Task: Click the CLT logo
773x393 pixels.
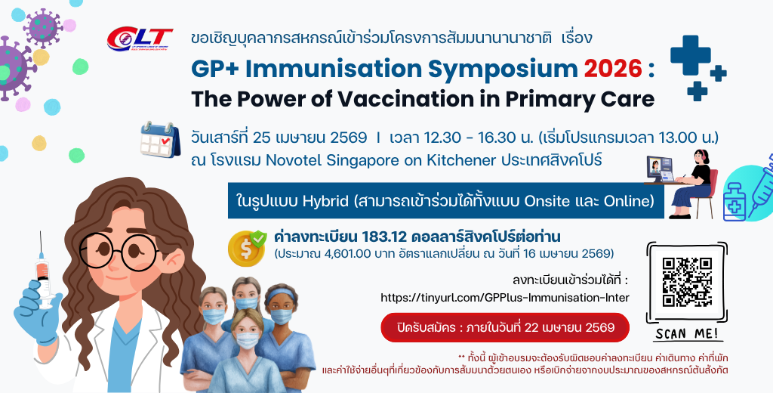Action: click(x=140, y=39)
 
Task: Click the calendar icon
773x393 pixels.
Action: click(x=160, y=140)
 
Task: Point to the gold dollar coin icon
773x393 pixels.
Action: click(x=247, y=249)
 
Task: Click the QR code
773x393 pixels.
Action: click(x=687, y=282)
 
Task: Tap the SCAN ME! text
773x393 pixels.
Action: click(x=687, y=334)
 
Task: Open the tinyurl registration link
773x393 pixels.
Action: click(x=505, y=298)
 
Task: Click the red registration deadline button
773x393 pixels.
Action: click(x=505, y=327)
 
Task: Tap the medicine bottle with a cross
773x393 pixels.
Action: click(x=735, y=202)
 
